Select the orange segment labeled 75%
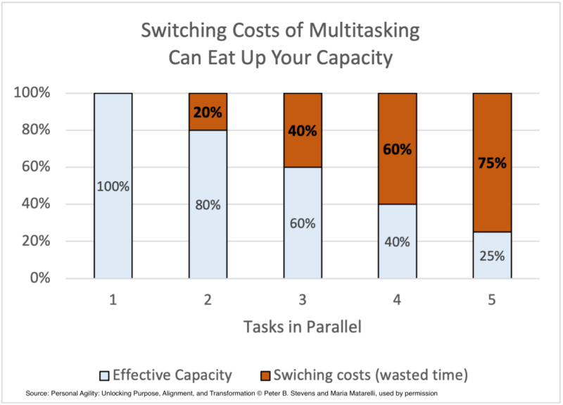pos(492,162)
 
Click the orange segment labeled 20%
pos(208,111)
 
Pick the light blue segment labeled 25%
pos(492,255)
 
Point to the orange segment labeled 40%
pos(303,130)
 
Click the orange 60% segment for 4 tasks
pos(398,149)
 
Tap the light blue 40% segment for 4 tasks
pos(398,241)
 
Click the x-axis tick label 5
pos(492,300)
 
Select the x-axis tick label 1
pos(113,300)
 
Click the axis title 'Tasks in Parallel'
pos(303,327)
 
